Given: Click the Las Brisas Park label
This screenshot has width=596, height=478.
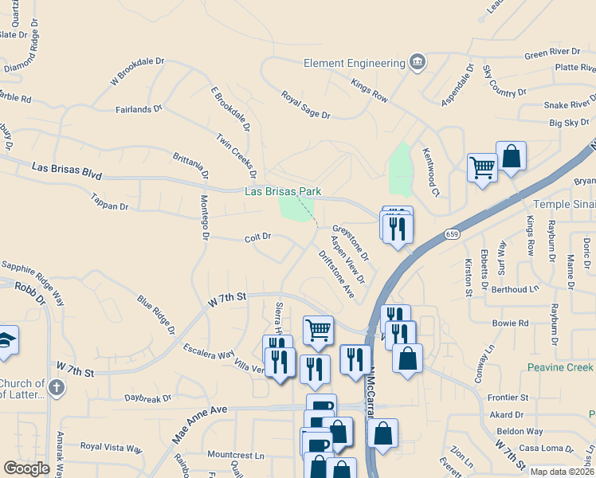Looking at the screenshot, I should [x=282, y=191].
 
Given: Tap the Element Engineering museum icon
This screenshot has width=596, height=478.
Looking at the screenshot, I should [x=417, y=63].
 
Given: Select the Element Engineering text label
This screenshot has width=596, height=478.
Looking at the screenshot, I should [x=355, y=63].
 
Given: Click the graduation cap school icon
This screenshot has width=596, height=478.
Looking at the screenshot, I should [x=6, y=340].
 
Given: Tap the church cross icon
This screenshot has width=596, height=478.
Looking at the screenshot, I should [x=55, y=388].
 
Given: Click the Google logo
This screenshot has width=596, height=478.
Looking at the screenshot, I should [x=26, y=468].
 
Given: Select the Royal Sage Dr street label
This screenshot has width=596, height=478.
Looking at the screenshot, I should [x=305, y=104].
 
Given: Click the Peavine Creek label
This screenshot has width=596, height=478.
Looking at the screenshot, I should [x=561, y=367].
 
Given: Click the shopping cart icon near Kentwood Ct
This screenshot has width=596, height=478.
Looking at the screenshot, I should [x=481, y=167].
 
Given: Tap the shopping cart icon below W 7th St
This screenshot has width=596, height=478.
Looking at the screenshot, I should [x=318, y=329].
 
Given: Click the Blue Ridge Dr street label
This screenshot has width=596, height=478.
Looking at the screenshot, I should [x=156, y=313].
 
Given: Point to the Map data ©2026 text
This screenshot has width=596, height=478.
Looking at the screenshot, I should [x=562, y=472].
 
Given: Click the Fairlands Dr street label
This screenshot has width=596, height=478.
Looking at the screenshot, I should [x=139, y=108].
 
